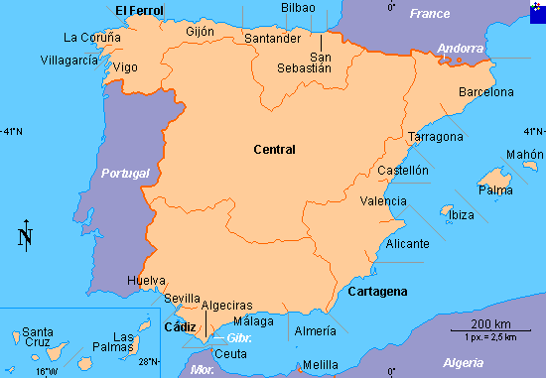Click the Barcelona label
[x=486, y=92]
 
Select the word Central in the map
[x=275, y=150]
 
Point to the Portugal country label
[x=125, y=174]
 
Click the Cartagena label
[x=377, y=291]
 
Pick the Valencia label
[x=382, y=201]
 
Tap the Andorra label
[x=461, y=48]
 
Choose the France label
[x=430, y=14]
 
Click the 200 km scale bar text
[x=490, y=324]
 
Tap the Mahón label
[x=525, y=155]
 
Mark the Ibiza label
[x=462, y=215]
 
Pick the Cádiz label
[x=180, y=326]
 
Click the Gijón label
[x=201, y=32]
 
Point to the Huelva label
[x=146, y=281]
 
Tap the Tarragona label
[x=436, y=136]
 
